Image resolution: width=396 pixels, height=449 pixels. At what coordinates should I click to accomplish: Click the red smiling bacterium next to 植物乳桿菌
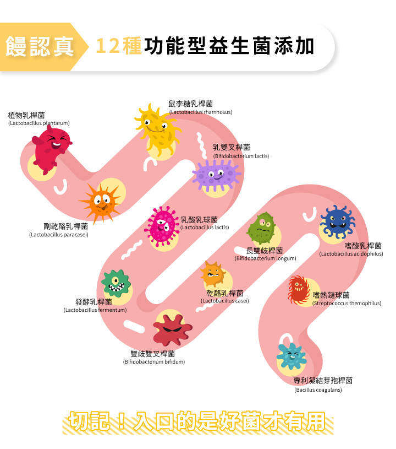tap(51, 146)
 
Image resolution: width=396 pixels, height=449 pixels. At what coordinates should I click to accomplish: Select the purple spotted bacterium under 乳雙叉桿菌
tap(216, 175)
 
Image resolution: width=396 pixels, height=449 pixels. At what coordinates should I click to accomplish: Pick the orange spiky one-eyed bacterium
tap(101, 202)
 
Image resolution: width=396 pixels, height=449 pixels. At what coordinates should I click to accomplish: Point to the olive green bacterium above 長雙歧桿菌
tap(261, 228)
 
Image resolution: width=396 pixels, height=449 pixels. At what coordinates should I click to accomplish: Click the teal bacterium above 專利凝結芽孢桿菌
tap(291, 356)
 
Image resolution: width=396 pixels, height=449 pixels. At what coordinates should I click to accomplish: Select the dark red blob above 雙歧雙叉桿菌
tap(172, 329)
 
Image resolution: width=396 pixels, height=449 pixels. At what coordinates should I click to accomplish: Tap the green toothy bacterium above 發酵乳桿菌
tap(117, 283)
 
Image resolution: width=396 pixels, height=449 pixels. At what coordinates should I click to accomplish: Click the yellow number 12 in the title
tap(107, 46)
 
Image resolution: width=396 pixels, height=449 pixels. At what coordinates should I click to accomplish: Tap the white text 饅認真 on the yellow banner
tap(40, 46)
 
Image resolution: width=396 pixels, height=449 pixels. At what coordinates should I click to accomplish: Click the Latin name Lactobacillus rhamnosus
tap(200, 112)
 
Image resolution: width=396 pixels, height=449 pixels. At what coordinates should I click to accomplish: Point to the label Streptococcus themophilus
tap(346, 303)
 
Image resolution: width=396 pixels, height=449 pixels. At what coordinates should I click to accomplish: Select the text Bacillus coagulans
tap(318, 390)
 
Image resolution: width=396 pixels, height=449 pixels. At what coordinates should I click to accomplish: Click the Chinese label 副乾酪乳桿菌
tap(66, 226)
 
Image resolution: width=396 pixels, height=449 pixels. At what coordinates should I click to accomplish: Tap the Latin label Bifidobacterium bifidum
tap(153, 361)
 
